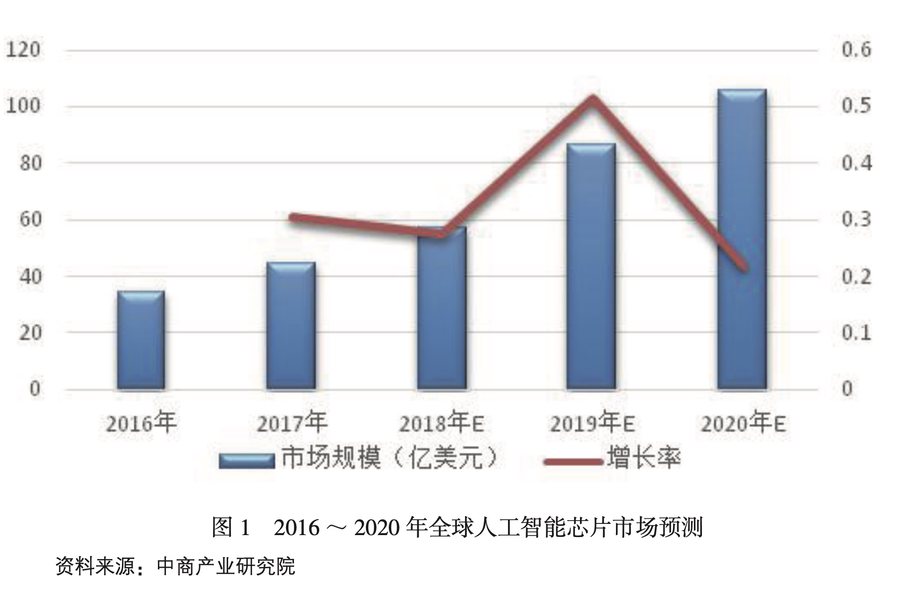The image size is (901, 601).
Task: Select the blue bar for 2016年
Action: coord(141,340)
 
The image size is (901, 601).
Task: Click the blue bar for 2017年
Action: coord(291,326)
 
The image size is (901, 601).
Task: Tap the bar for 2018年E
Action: coord(442,308)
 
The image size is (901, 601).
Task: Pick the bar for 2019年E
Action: coord(591,266)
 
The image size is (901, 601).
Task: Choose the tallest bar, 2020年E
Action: coord(742,239)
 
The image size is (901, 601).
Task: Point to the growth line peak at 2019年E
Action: coord(592,100)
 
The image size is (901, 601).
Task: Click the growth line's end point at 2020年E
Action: coord(745,268)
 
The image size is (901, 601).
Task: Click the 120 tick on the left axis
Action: coord(23,50)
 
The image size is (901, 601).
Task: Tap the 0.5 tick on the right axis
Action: coord(856,106)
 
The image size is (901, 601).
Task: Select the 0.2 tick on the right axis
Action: coord(856,276)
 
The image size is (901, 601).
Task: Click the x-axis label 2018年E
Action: coord(441,423)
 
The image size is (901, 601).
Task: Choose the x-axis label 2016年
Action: coord(141,423)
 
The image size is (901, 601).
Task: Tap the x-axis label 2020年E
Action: coord(743,423)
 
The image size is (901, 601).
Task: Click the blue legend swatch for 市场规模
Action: coord(246,461)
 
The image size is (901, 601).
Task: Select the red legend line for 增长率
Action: coord(574,462)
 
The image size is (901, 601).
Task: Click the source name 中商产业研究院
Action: coord(226,566)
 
